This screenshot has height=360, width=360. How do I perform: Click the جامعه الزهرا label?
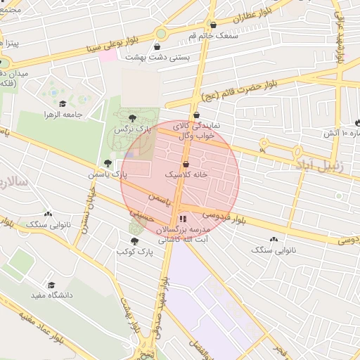pyautogui.click(x=63, y=114)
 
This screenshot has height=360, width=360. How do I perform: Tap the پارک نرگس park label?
pyautogui.click(x=134, y=130)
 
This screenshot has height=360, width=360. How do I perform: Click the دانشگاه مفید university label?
pyautogui.click(x=51, y=295)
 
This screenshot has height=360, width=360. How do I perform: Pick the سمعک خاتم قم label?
pyautogui.click(x=213, y=35)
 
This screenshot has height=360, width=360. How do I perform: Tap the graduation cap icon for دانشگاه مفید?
pyautogui.click(x=51, y=285)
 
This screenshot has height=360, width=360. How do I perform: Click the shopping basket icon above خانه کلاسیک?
pyautogui.click(x=185, y=163)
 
